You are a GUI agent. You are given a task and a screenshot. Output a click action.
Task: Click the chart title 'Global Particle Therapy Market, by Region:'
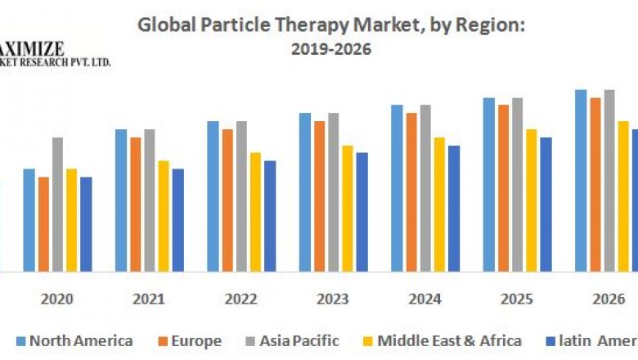click(x=330, y=25)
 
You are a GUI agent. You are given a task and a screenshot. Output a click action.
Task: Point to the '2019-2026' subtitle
click(x=330, y=49)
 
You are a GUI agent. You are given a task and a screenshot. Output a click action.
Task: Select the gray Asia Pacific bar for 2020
click(x=57, y=205)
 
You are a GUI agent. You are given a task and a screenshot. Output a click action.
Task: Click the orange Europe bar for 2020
click(x=43, y=224)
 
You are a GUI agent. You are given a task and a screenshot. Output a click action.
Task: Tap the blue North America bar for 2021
click(x=121, y=200)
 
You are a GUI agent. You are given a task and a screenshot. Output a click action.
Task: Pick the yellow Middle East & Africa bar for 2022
click(x=255, y=212)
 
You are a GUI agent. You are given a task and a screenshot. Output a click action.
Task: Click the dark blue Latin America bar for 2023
click(x=362, y=212)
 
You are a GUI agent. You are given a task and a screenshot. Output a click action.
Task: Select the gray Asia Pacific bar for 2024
click(x=425, y=188)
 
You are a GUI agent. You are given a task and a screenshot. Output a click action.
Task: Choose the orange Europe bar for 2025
click(x=503, y=188)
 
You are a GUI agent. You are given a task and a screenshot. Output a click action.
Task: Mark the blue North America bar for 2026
click(x=581, y=181)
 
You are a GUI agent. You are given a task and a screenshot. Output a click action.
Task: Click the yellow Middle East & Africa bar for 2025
click(x=532, y=200)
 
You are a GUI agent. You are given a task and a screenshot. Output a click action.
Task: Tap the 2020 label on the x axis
click(x=57, y=299)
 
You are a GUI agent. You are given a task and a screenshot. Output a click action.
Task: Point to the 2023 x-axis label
click(x=333, y=299)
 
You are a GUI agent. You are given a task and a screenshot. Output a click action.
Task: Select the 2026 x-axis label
click(x=608, y=299)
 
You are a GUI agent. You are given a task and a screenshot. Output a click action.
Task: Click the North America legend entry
click(x=74, y=340)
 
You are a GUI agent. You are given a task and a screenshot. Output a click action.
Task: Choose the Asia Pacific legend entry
click(x=292, y=340)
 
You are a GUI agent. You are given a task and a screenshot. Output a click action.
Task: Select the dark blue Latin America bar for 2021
click(x=178, y=220)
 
